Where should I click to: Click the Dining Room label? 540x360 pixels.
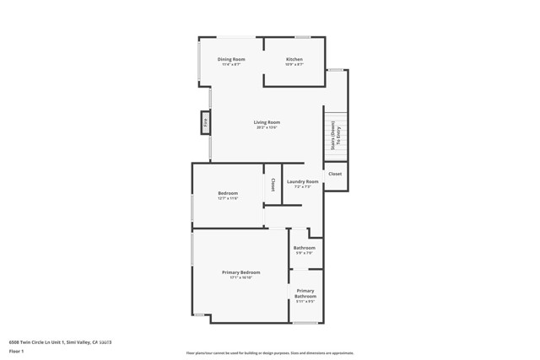(x=231, y=59)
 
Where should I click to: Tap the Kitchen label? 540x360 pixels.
(x=294, y=59)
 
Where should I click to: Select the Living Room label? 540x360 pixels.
(x=267, y=122)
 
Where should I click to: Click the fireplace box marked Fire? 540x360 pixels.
(x=205, y=123)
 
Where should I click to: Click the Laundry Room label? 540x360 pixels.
(x=302, y=181)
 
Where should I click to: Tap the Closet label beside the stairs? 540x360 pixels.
(x=335, y=174)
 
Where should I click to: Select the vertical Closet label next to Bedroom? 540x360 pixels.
(x=273, y=184)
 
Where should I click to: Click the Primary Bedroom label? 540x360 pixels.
(x=240, y=272)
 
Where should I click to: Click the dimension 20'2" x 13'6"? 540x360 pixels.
(x=267, y=128)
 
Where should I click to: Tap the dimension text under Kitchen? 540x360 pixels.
(x=294, y=65)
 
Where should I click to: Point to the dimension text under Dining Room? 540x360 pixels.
(x=231, y=65)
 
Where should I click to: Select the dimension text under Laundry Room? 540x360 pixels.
(x=302, y=187)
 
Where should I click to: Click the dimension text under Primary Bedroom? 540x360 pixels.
(x=240, y=278)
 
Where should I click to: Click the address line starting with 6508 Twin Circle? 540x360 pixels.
(x=60, y=341)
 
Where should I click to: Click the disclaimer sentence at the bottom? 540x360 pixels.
(x=269, y=353)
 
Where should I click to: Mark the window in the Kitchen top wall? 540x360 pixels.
(x=301, y=36)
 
